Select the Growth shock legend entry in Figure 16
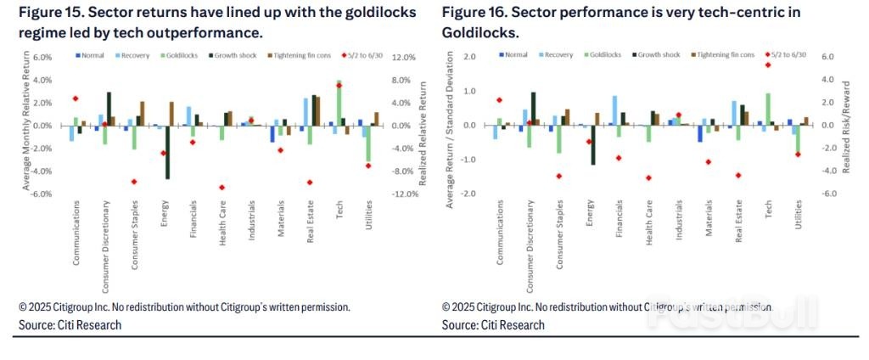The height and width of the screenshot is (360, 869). tap(656, 54)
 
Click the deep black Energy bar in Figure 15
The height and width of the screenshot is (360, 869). tap(167, 152)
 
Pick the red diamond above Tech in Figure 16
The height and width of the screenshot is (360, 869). tap(767, 65)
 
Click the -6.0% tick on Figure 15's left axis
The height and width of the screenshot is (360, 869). tap(40, 194)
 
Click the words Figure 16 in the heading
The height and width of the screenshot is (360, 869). tap(471, 13)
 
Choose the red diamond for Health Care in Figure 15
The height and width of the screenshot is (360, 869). tap(221, 187)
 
